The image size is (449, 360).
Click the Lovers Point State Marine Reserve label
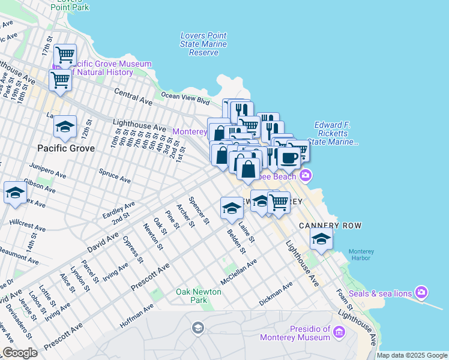tap(203, 44)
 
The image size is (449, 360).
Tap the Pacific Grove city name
tap(65, 148)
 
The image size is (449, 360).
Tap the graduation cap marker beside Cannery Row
tap(321, 239)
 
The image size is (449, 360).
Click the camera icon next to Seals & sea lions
tap(421, 292)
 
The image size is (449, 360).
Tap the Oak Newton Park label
tap(198, 296)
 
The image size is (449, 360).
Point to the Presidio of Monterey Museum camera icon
tap(339, 332)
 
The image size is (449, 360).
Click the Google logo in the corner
tap(20, 353)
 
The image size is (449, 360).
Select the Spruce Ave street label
tap(115, 175)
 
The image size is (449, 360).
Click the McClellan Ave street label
tap(238, 271)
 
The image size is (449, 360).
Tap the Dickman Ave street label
tap(276, 292)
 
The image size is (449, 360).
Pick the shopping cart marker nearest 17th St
tap(65, 55)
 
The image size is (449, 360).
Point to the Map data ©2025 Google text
tap(411, 355)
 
